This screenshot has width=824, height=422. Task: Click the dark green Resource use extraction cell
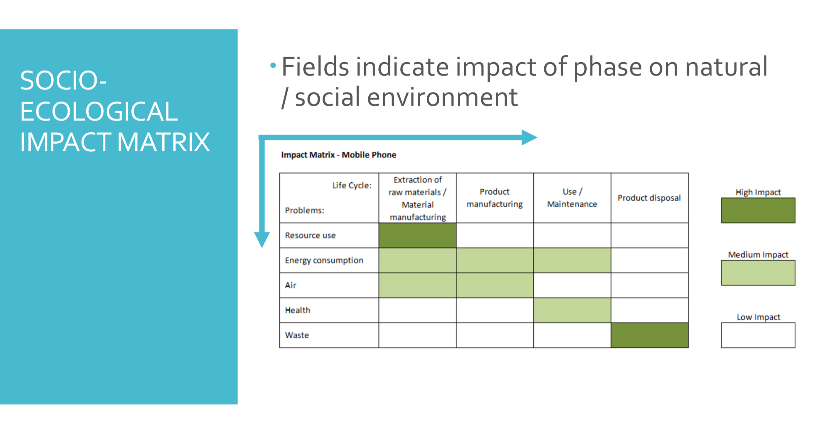(x=417, y=235)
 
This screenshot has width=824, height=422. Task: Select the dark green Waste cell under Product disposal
(x=650, y=335)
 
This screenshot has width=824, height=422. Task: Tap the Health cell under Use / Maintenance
(x=572, y=310)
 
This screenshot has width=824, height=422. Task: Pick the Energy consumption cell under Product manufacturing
(x=495, y=260)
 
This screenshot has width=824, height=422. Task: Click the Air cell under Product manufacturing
(x=495, y=285)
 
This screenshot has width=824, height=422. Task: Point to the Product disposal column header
(x=649, y=198)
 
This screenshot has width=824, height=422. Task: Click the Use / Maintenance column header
(x=572, y=198)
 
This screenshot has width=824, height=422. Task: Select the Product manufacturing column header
(x=495, y=198)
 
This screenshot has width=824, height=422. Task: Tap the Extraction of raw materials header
(x=417, y=198)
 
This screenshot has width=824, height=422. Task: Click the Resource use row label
(x=310, y=235)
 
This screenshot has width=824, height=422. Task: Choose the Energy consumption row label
(x=324, y=261)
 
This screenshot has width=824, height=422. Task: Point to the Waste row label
(x=297, y=335)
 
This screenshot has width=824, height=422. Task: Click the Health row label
(x=298, y=310)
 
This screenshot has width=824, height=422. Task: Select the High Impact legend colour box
(x=758, y=210)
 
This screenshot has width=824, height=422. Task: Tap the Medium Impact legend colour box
(x=758, y=273)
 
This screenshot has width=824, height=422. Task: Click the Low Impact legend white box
(x=758, y=335)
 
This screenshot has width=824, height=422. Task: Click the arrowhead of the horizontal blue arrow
(x=530, y=137)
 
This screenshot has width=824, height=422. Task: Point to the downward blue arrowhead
(x=262, y=240)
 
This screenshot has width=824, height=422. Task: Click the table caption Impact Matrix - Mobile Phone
(x=339, y=155)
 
